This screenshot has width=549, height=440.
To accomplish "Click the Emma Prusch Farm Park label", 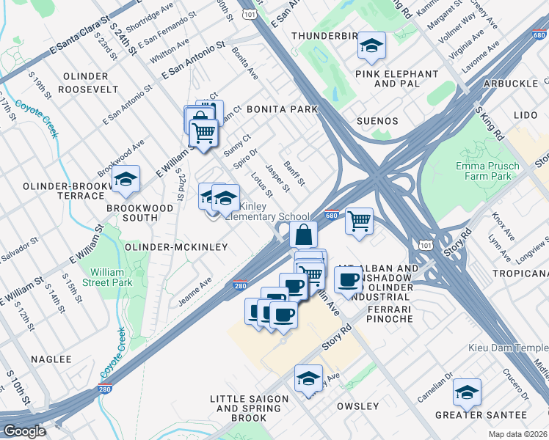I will (487, 172).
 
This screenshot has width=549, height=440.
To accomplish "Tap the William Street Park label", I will (102, 276).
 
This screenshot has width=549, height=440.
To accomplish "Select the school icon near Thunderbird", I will (371, 47).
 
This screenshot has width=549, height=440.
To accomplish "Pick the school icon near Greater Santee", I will (467, 393).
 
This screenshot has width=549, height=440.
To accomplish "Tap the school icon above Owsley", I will (309, 379).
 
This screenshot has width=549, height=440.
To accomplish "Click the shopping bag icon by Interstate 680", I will (303, 235).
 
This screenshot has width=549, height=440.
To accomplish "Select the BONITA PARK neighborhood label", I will (281, 109).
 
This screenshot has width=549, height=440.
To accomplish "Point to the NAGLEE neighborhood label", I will (51, 359).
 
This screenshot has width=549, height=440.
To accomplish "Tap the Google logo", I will (24, 431).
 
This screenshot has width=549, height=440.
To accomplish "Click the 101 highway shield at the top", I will (252, 13).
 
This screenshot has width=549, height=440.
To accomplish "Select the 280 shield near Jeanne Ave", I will (240, 285).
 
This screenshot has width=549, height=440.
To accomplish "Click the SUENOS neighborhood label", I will (377, 121).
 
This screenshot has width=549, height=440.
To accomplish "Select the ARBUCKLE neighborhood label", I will (510, 84).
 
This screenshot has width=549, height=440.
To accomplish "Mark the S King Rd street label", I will (490, 123).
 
